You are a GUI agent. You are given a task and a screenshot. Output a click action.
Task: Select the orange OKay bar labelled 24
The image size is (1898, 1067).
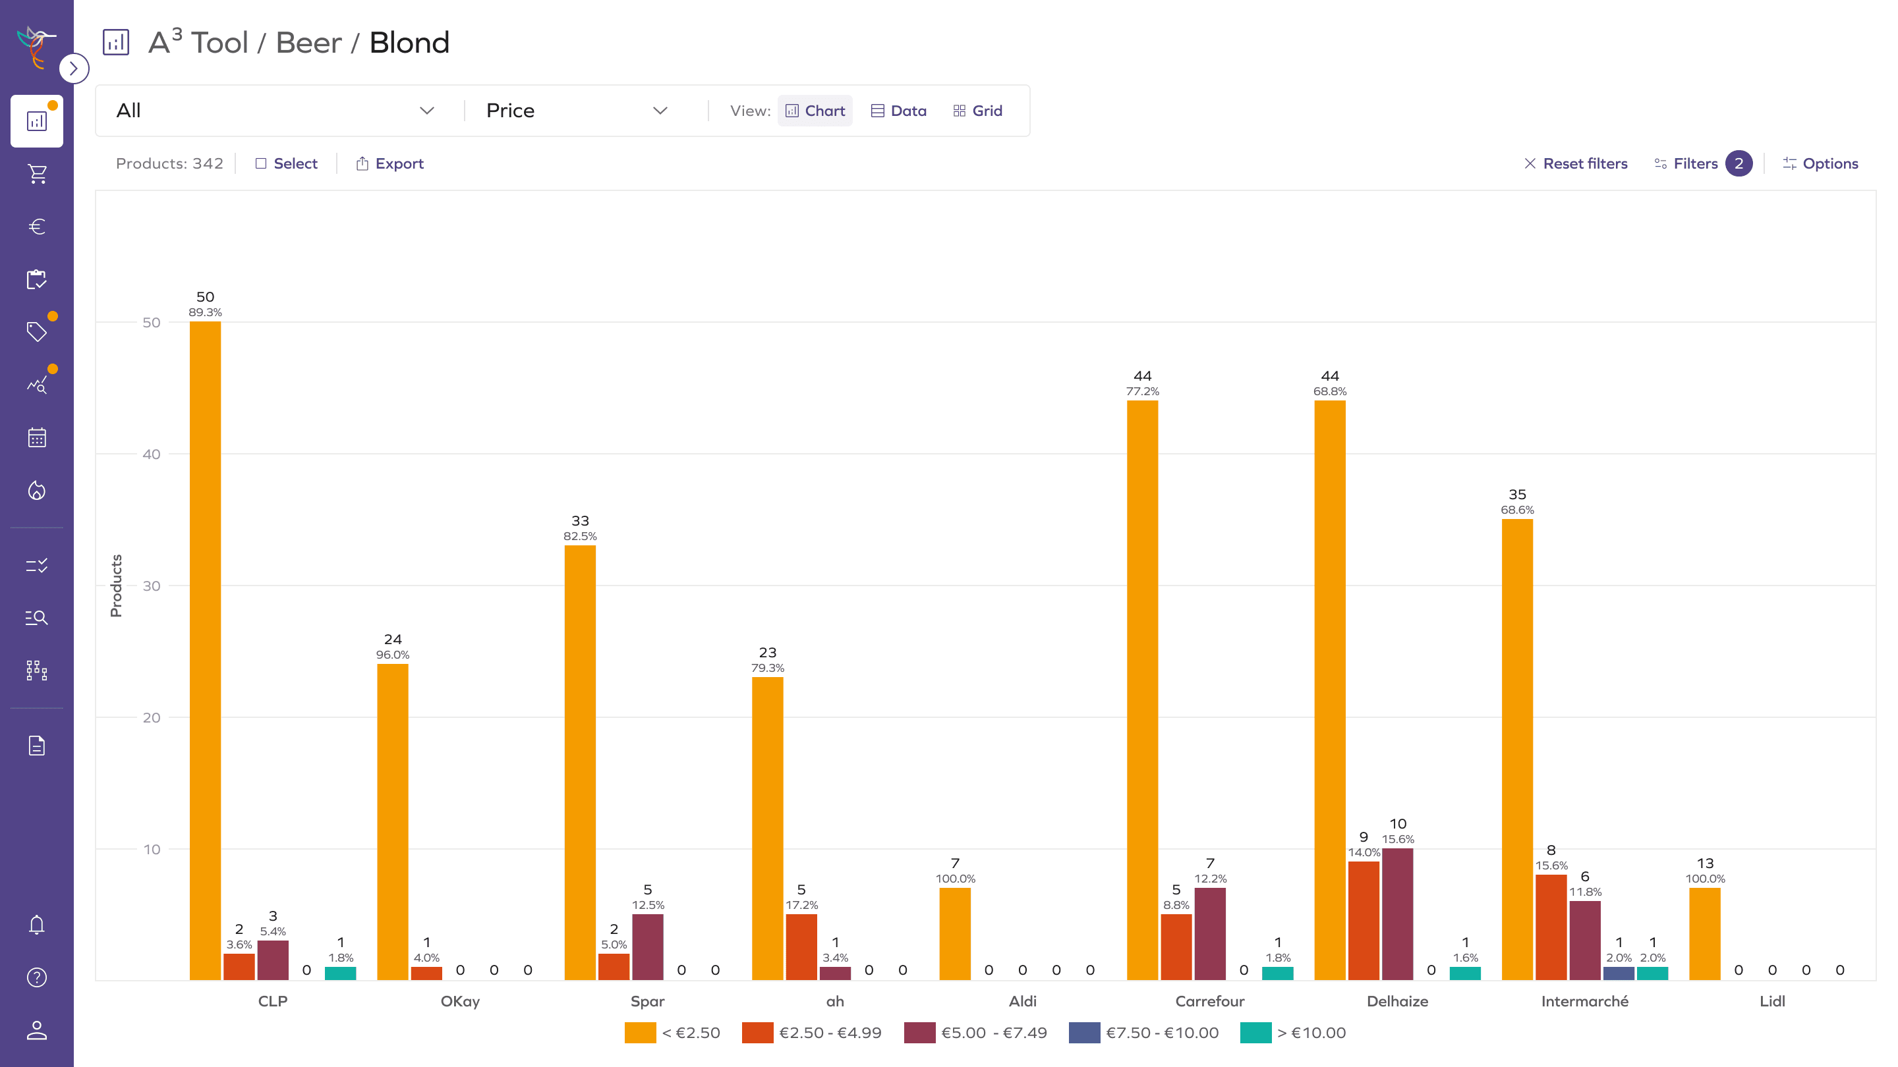[x=393, y=821]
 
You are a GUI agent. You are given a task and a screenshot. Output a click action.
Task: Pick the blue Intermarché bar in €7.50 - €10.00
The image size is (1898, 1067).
[x=1618, y=973]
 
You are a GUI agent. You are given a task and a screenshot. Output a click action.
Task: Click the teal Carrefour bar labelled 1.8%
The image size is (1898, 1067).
[x=1277, y=973]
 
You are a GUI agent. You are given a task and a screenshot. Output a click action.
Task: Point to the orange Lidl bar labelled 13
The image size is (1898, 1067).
[x=1704, y=933]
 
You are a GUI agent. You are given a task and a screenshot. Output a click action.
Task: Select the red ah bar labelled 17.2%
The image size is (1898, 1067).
[x=801, y=946]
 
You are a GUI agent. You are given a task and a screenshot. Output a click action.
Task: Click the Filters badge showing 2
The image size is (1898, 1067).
[x=1737, y=163]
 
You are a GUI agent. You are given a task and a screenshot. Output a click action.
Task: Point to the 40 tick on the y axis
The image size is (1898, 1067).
[x=152, y=454]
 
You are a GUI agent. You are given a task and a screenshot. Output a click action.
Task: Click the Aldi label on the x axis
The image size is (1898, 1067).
[x=1022, y=1000]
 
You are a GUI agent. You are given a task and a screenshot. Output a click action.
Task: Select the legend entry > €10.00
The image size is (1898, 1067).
[x=1293, y=1032]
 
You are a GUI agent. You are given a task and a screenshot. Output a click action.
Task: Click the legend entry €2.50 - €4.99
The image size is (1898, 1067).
[x=812, y=1032]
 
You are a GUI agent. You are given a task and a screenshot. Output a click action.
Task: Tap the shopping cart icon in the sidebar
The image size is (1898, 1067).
[x=37, y=174]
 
